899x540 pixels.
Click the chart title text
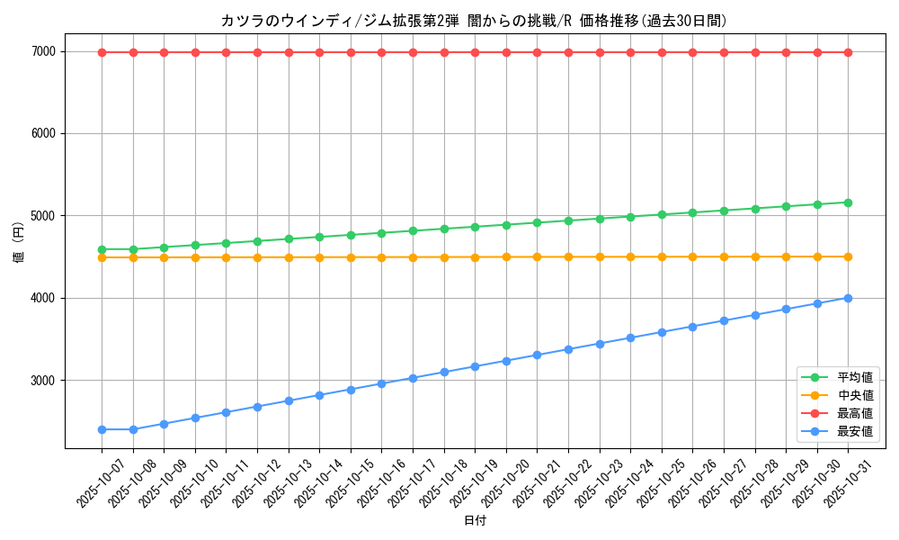(x=474, y=21)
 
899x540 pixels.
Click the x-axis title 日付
(x=475, y=520)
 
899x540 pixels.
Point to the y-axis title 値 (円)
(x=19, y=243)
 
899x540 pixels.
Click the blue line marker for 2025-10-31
(x=848, y=298)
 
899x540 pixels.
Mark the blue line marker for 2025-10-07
(x=102, y=429)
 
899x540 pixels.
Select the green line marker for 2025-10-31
(x=848, y=202)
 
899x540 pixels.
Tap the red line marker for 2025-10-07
(x=102, y=52)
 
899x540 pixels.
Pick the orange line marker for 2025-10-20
(x=506, y=256)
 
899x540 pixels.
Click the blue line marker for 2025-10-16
(x=381, y=383)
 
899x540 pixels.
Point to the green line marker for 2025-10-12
(x=257, y=241)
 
